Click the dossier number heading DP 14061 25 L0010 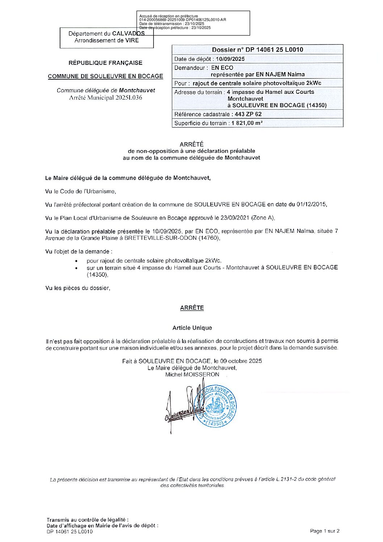point(257,50)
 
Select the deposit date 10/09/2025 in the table point(230,59)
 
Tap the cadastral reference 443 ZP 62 point(248,114)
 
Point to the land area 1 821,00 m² point(247,123)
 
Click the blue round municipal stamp point(216,406)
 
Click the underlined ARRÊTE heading point(192,308)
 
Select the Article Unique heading point(192,328)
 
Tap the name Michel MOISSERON point(192,374)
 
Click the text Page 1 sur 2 point(324,531)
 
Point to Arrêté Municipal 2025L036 point(105,97)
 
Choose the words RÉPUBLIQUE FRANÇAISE point(105,63)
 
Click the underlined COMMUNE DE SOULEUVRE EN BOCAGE point(105,76)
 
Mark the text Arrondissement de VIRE point(106,41)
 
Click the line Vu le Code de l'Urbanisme point(80,191)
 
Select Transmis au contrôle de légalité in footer point(87,520)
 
